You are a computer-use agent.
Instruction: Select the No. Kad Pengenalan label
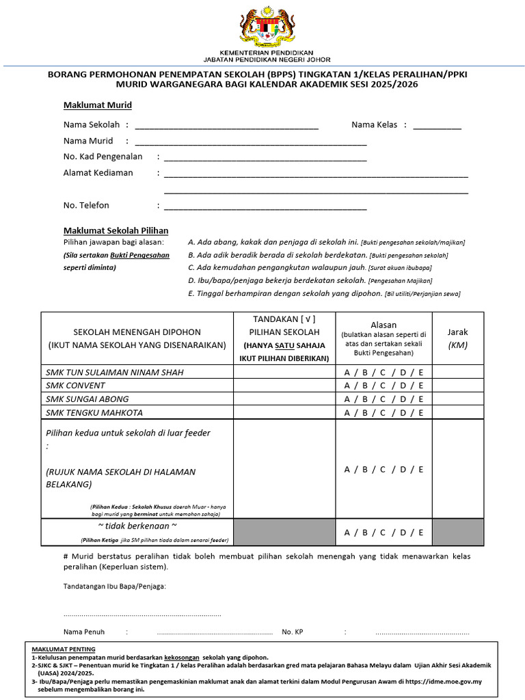point(103,157)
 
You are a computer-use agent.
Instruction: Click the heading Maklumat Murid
point(98,105)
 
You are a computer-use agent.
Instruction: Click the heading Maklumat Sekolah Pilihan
point(116,231)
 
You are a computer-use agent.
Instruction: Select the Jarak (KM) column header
point(458,338)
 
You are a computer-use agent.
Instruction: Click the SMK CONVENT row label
point(77,386)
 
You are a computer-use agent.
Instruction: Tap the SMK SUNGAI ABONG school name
point(87,399)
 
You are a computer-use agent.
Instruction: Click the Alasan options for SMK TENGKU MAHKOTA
point(383,413)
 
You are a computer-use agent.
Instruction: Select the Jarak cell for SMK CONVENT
point(458,386)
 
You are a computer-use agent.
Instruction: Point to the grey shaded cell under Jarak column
point(458,532)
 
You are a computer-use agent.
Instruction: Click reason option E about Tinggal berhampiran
point(323,293)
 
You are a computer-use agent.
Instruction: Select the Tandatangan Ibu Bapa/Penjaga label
point(115,587)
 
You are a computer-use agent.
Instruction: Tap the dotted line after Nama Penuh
point(215,632)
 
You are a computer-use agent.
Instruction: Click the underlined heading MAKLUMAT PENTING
point(64,649)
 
